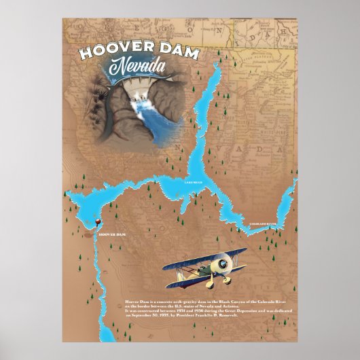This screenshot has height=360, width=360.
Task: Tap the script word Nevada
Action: (139, 68)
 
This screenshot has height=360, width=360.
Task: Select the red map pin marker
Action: (98, 222)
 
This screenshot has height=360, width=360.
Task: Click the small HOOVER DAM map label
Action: (112, 234)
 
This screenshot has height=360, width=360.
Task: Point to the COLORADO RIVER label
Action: (263, 223)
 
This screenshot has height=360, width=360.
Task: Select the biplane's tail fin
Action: (170, 275)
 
